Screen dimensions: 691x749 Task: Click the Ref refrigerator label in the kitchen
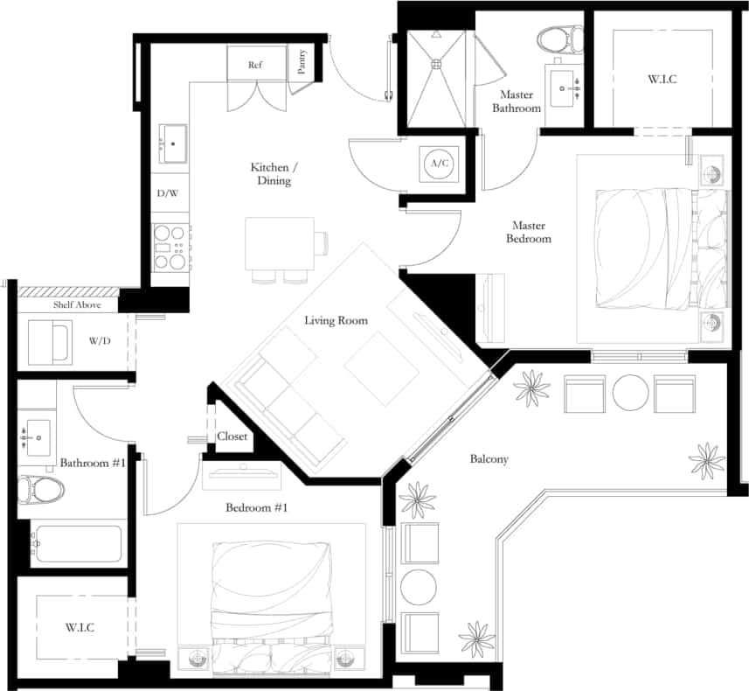pos(255,65)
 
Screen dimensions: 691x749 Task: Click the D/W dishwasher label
pos(167,192)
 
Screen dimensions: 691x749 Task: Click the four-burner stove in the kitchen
pos(170,247)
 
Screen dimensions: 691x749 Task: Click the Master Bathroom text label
pos(520,101)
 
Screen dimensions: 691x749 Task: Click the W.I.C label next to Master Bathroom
pos(662,80)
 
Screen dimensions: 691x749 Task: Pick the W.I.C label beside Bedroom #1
pos(80,628)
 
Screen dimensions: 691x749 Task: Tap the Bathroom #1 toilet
pos(42,490)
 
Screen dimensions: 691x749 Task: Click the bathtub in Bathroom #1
pos(77,543)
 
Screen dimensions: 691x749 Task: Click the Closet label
pos(233,436)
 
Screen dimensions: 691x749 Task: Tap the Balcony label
pos(489,459)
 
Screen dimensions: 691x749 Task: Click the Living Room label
pos(336,321)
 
